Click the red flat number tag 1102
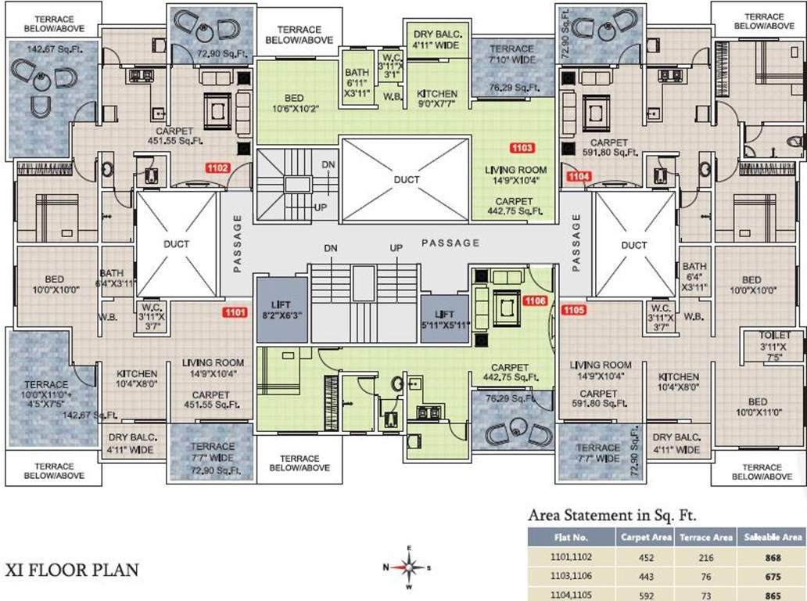(217, 167)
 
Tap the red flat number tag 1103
(522, 147)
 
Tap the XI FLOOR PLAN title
(72, 569)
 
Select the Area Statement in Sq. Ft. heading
(612, 515)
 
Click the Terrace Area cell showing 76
(706, 577)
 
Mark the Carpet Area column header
(646, 538)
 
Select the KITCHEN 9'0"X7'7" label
(437, 99)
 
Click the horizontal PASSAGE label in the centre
(450, 243)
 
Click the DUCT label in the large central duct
(407, 179)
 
